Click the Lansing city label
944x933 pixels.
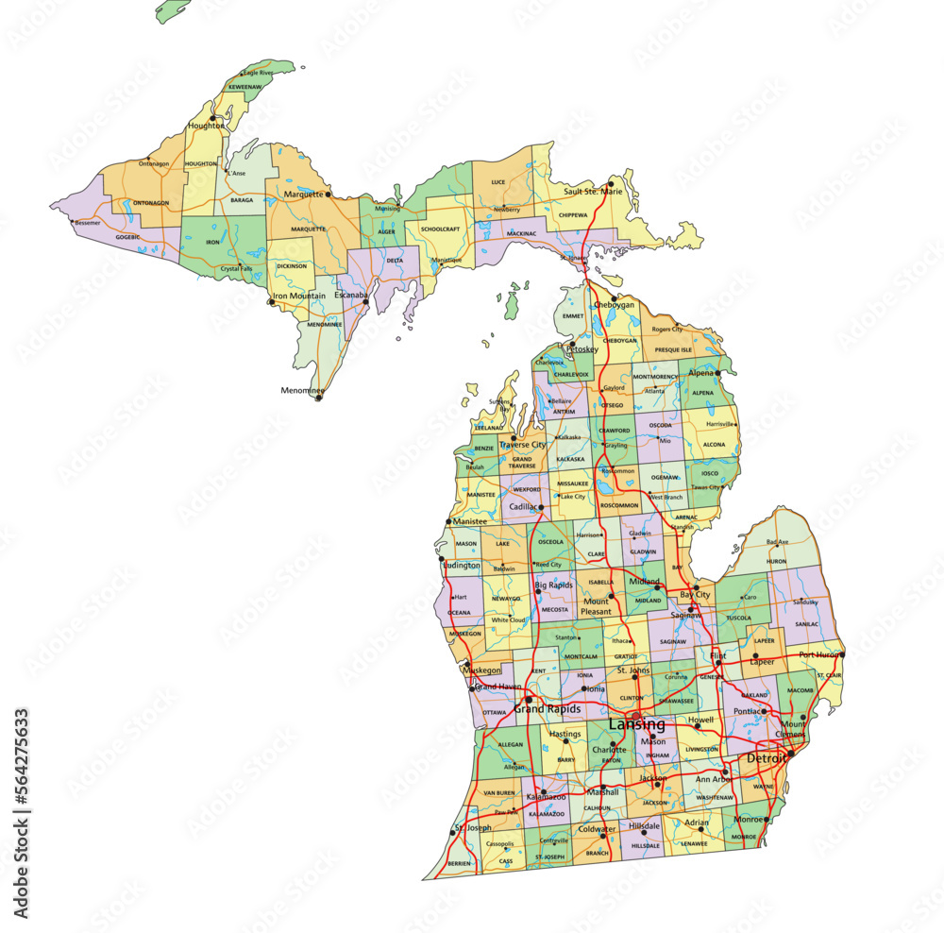pyautogui.click(x=636, y=725)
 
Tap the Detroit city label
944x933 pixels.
pyautogui.click(x=766, y=759)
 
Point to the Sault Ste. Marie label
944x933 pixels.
pyautogui.click(x=594, y=192)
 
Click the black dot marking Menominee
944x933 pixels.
pyautogui.click(x=318, y=398)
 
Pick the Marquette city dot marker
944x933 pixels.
pyautogui.click(x=328, y=195)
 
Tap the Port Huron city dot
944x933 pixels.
pyautogui.click(x=842, y=653)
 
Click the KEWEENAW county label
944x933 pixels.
pyautogui.click(x=244, y=87)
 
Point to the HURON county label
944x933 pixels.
pyautogui.click(x=776, y=561)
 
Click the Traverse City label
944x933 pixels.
pyautogui.click(x=522, y=444)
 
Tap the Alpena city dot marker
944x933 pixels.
pyautogui.click(x=717, y=373)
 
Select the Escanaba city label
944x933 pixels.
pyautogui.click(x=351, y=296)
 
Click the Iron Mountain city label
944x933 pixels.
pyautogui.click(x=299, y=296)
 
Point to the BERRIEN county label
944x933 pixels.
pyautogui.click(x=460, y=863)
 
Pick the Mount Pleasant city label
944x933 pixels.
pyautogui.click(x=596, y=606)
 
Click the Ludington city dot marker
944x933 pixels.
pyautogui.click(x=441, y=559)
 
